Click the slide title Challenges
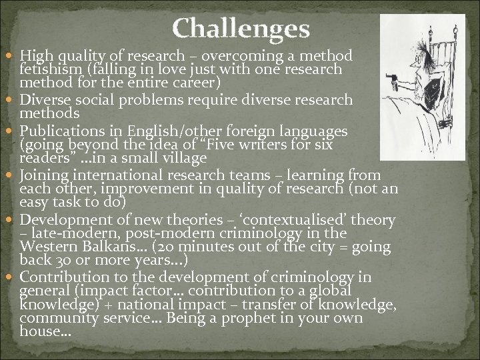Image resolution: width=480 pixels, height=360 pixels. coord(241,29)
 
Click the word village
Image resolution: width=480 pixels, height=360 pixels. coord(184,159)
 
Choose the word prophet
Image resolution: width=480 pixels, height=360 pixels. coord(269,318)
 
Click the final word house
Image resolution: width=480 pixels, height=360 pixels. coord(43,331)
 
